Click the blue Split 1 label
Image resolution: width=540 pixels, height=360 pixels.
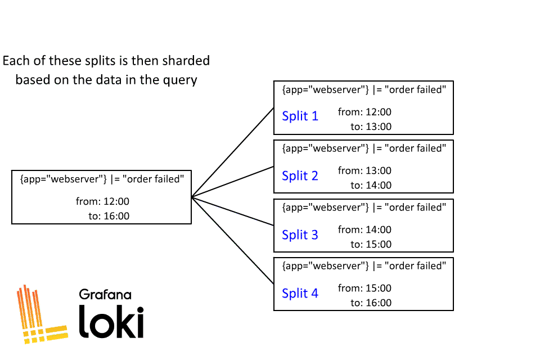point(300,116)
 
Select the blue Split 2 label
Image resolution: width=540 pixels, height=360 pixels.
point(300,175)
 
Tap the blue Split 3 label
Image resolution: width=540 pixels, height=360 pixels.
point(300,235)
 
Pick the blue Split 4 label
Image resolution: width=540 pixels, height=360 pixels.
point(300,293)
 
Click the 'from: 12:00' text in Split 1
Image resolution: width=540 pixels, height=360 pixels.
point(364,112)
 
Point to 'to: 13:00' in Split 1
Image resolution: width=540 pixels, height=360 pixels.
point(371,127)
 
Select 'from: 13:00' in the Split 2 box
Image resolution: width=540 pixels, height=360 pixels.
point(364,170)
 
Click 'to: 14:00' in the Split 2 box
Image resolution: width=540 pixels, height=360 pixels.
point(371,185)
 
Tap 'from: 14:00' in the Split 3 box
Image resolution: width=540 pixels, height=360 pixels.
point(364,229)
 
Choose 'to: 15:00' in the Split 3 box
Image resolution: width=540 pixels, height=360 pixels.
point(371,244)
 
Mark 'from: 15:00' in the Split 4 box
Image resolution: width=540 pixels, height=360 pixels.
point(364,288)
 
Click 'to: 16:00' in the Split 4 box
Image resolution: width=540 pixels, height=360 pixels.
point(371,303)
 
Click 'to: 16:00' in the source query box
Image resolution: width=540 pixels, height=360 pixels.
point(109,216)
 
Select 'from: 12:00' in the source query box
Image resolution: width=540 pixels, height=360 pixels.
point(102,201)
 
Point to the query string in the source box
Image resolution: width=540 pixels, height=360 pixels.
point(102,179)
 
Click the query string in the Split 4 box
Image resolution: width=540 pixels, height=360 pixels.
point(364,265)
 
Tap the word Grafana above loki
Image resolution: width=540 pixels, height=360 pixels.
point(105,294)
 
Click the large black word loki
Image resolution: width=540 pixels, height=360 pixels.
point(111,322)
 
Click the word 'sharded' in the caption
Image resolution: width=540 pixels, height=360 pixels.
point(182,60)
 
